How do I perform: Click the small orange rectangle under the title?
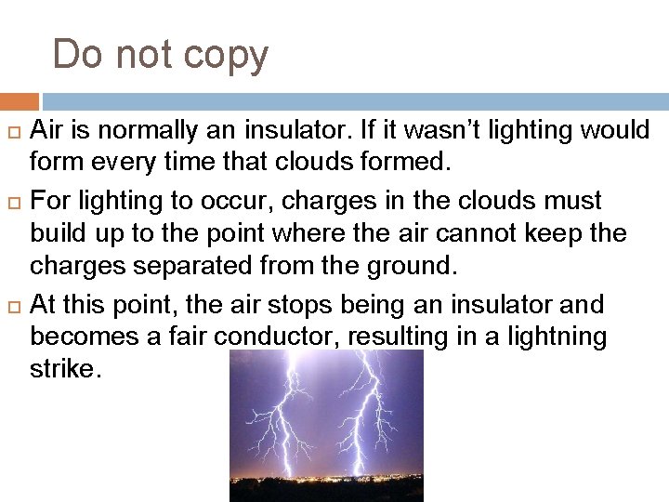coord(19,101)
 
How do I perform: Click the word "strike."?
coord(63,369)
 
